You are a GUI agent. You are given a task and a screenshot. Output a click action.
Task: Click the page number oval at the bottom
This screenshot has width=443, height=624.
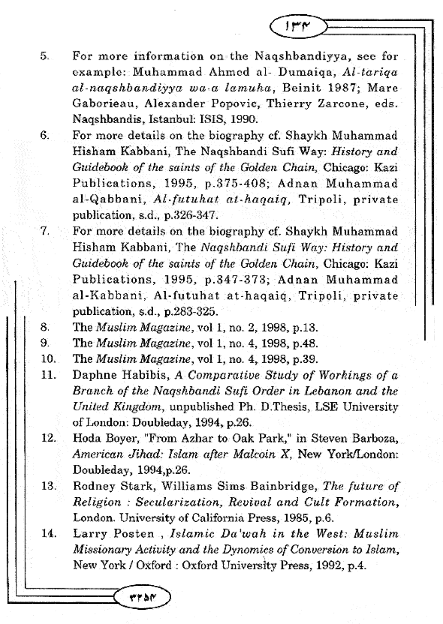pyautogui.click(x=144, y=598)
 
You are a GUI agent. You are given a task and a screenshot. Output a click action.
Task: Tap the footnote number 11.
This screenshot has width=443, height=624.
pyautogui.click(x=48, y=375)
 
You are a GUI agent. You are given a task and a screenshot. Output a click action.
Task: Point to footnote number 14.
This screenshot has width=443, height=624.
pyautogui.click(x=48, y=534)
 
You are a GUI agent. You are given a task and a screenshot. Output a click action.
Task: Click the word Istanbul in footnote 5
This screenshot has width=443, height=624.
pyautogui.click(x=170, y=120)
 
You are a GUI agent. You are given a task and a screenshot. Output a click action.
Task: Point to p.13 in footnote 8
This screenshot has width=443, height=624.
pyautogui.click(x=305, y=328)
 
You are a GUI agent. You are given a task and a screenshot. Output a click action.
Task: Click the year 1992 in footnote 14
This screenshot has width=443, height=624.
pyautogui.click(x=329, y=565)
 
